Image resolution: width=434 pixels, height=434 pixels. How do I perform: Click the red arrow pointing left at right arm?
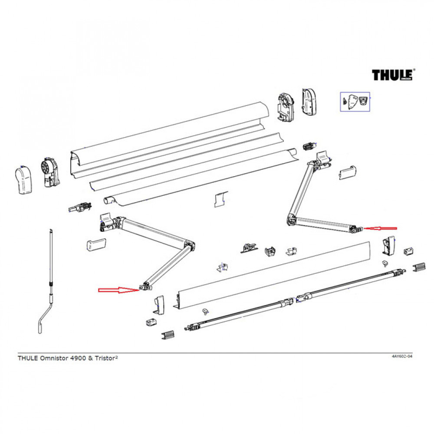(x=381, y=228)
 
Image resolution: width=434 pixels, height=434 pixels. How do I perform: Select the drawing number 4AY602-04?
(x=401, y=356)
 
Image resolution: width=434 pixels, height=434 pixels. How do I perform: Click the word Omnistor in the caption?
(x=52, y=358)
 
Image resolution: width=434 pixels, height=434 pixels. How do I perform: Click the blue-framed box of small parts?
(x=354, y=102)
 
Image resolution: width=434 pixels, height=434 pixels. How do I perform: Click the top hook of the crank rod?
(x=51, y=231)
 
